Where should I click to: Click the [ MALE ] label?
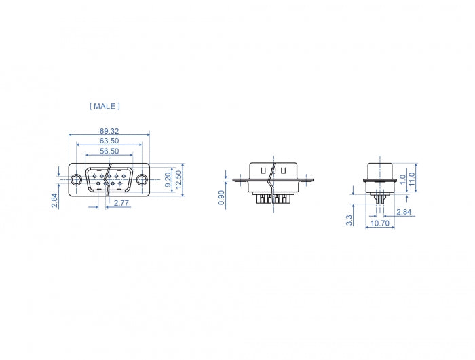[104, 106]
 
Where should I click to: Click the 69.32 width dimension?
[109, 130]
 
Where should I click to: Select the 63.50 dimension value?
[109, 141]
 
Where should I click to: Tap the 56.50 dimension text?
[109, 151]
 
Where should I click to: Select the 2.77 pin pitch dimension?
[122, 203]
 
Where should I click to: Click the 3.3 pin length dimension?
[349, 219]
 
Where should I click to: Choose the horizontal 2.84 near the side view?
[403, 212]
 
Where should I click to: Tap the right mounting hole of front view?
[142, 180]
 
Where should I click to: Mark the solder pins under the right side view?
[379, 198]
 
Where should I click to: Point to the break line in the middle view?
[271, 183]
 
